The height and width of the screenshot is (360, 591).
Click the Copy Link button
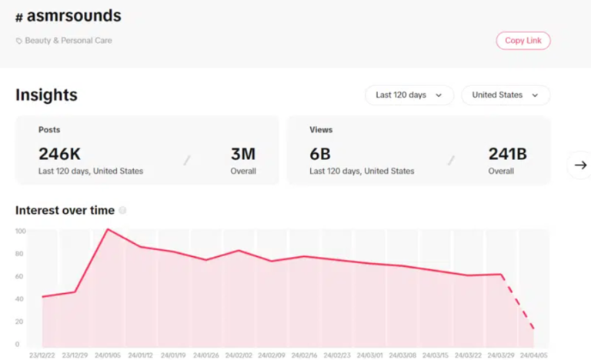[x=523, y=40]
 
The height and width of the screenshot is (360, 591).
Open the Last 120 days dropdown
[x=409, y=95]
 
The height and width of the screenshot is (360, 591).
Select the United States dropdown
[x=505, y=95]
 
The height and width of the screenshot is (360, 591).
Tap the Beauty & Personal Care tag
[x=68, y=40]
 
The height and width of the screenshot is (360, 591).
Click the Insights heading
[x=46, y=95]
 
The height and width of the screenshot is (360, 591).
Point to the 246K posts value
[x=59, y=154]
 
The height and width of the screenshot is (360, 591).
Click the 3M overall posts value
[x=243, y=154]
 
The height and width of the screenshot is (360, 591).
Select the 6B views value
[x=320, y=154]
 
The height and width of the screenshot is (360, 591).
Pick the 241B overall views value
[x=507, y=154]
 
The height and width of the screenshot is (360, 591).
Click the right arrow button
[x=580, y=165]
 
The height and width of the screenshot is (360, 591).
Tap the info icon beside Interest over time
[x=122, y=210]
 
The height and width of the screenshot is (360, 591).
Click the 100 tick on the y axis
[x=21, y=231]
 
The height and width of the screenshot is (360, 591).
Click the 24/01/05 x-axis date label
[x=108, y=355]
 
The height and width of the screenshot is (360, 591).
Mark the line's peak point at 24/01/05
[x=108, y=229]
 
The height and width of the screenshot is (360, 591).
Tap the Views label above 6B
[x=321, y=130]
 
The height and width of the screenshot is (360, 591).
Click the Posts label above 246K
[x=49, y=130]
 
